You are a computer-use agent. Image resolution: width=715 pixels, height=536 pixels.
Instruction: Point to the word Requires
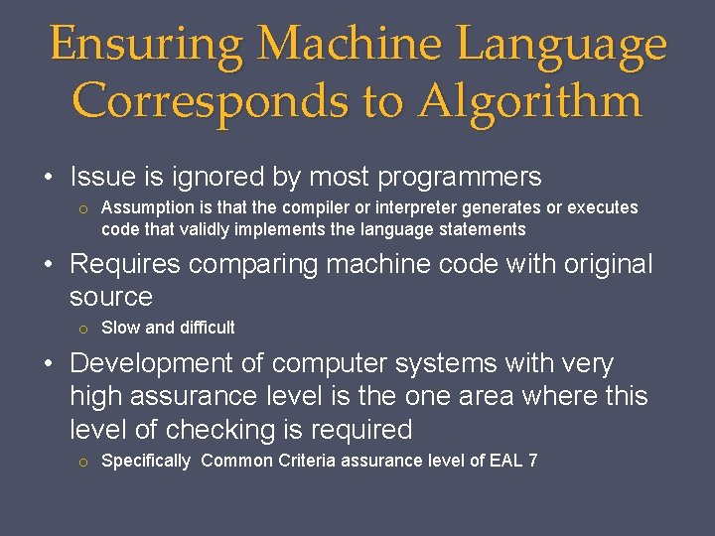coord(125,265)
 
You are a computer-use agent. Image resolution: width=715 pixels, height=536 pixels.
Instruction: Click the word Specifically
coord(146,461)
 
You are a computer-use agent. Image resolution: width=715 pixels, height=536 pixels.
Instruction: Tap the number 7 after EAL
coord(532,461)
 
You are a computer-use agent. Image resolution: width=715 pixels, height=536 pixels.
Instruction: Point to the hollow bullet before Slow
coord(85,329)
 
